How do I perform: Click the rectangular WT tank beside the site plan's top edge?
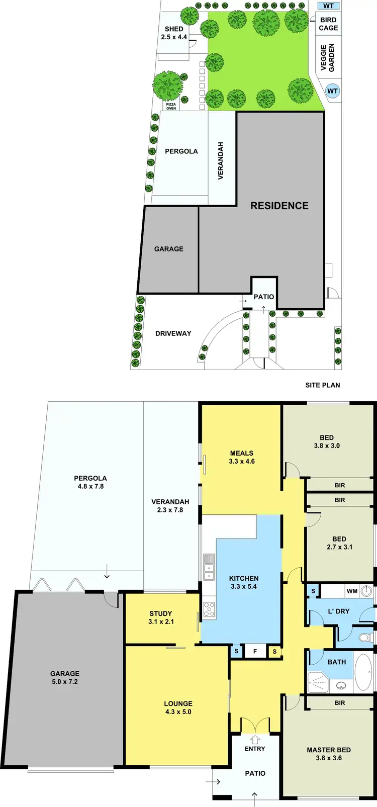click(328, 6)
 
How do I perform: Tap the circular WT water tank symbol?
click(332, 91)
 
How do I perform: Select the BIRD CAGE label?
click(328, 24)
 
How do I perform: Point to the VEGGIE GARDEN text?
click(328, 57)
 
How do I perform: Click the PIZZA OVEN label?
click(171, 106)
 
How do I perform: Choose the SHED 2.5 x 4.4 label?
click(174, 33)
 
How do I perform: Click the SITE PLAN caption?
click(323, 385)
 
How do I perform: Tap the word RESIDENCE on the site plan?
click(279, 206)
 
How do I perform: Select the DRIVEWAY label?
click(173, 333)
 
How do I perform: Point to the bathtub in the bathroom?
click(364, 672)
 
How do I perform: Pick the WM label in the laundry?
click(352, 591)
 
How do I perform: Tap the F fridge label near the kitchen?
click(255, 652)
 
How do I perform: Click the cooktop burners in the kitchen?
click(209, 609)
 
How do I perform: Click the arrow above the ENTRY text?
click(255, 740)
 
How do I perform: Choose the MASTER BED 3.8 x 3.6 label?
click(329, 754)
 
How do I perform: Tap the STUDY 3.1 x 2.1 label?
click(161, 617)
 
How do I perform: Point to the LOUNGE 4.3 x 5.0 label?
click(178, 707)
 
